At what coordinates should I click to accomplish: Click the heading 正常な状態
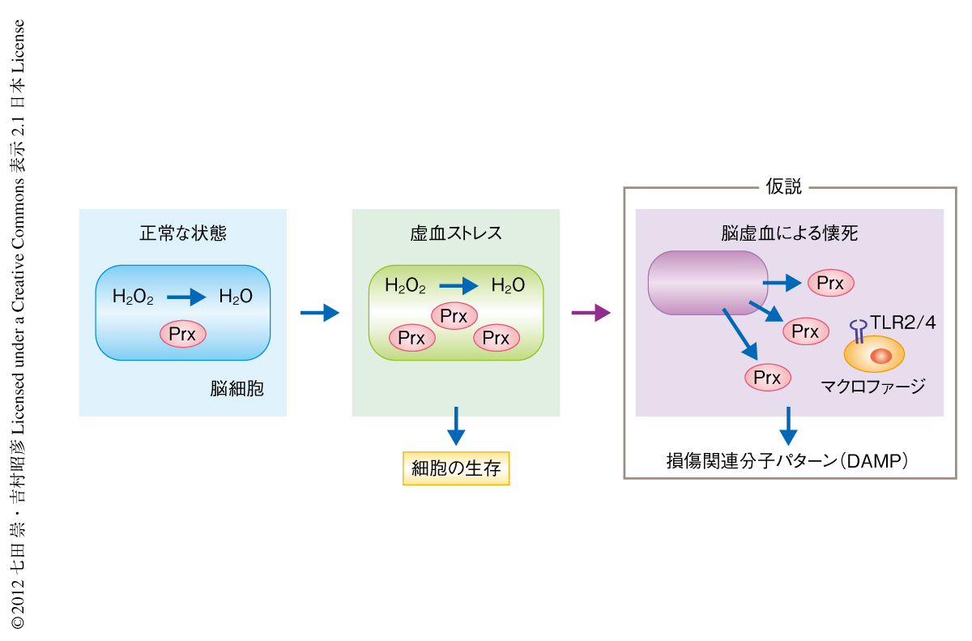183,234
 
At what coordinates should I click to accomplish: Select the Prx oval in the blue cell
183,333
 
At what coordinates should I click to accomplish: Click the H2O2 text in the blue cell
133,297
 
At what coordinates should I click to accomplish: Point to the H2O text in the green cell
508,285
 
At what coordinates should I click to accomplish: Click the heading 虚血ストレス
456,234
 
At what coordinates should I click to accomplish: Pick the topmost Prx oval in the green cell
454,316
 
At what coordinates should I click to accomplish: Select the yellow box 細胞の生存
456,468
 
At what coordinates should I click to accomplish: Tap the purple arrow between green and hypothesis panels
590,313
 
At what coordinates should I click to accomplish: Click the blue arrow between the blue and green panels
319,313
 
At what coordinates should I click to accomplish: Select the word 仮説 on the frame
783,187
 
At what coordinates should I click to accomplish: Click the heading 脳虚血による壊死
790,234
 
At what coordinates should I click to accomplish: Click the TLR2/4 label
903,323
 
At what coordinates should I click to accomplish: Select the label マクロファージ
873,387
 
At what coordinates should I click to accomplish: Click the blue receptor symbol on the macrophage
857,328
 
